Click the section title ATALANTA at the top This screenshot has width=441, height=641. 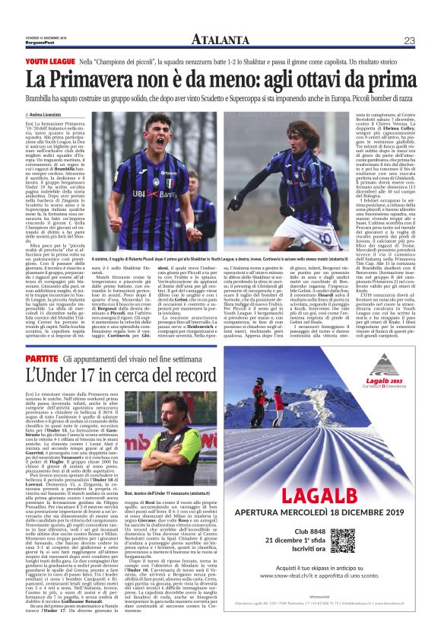pyautogui.click(x=220, y=40)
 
